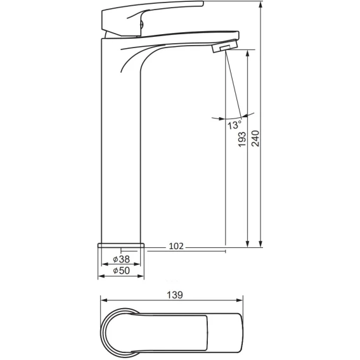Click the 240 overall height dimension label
(255, 138)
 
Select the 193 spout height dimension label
(241, 139)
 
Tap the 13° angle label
(235, 125)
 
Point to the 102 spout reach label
(176, 246)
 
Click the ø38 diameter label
(122, 259)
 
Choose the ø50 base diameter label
(122, 271)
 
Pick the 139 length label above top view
(175, 295)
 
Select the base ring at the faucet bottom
(121, 245)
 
